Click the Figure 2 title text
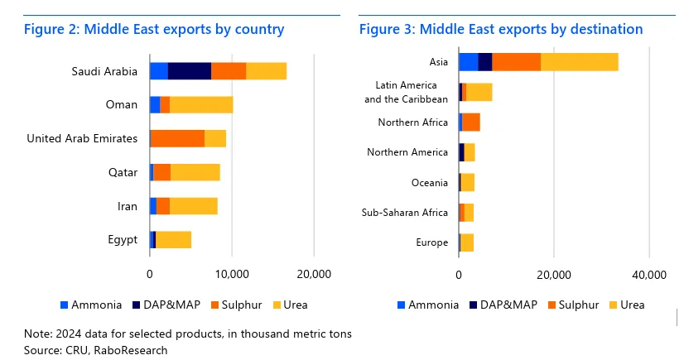coord(154,30)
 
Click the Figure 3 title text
coord(500,30)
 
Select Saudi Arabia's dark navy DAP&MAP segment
coord(189,71)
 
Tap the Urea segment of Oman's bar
coord(201,104)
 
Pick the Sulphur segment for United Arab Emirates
coord(177,138)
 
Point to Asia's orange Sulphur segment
coord(516,61)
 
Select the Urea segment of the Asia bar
coord(579,61)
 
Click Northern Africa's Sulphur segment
coord(471,122)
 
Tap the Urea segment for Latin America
coord(479,92)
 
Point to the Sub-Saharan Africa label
coord(405,213)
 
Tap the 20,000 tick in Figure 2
coord(314,274)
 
